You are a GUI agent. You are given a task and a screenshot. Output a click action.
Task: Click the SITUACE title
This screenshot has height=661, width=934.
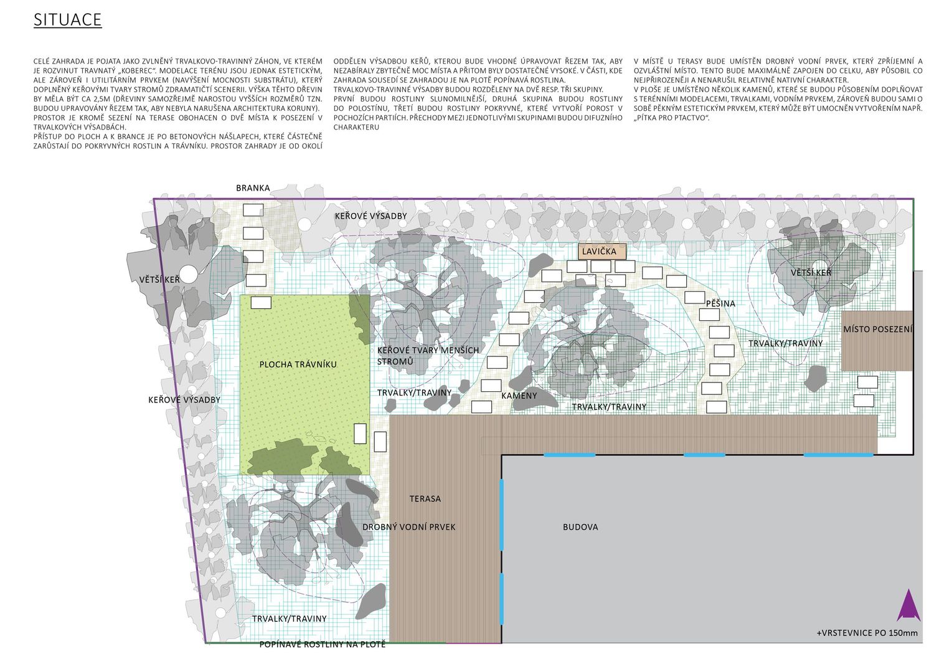tap(67, 20)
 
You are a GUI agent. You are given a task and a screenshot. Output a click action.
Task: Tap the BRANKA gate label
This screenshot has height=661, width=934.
tap(253, 188)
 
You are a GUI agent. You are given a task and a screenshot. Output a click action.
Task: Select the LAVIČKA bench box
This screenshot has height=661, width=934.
tap(601, 251)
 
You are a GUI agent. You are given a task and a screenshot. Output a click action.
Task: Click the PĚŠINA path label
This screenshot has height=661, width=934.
tap(720, 303)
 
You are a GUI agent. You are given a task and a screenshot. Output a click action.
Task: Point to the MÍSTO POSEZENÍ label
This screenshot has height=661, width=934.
tap(878, 329)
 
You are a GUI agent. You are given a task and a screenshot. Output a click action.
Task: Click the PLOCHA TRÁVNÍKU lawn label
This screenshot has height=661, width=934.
tap(298, 364)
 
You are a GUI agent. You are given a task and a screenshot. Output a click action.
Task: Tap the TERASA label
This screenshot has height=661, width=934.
tap(425, 498)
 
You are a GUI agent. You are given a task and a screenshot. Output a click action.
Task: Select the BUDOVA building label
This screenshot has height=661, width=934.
tap(580, 527)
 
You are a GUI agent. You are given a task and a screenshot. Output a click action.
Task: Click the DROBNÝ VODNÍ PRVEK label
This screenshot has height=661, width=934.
tap(408, 527)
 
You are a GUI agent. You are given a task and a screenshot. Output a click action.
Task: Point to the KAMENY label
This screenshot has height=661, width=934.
tap(519, 396)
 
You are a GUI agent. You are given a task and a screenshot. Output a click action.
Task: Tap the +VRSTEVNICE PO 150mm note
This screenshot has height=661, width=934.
tap(867, 633)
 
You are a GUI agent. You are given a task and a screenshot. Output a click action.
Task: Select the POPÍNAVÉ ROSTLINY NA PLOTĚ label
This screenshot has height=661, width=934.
tap(323, 644)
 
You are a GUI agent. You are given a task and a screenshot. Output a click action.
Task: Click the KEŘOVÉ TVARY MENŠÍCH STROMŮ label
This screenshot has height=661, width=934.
tap(428, 356)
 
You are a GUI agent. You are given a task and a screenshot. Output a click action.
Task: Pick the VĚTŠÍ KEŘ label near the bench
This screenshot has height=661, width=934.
tap(811, 272)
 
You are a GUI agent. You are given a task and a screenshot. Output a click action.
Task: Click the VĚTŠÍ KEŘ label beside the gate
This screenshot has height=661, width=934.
tap(159, 280)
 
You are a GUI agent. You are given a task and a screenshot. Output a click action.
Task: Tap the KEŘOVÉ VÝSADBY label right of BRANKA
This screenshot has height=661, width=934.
tap(370, 216)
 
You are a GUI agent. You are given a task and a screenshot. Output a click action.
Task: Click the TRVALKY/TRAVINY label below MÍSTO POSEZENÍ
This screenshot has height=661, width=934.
tap(786, 343)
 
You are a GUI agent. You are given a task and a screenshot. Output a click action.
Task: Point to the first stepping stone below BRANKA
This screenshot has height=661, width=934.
tap(253, 210)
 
